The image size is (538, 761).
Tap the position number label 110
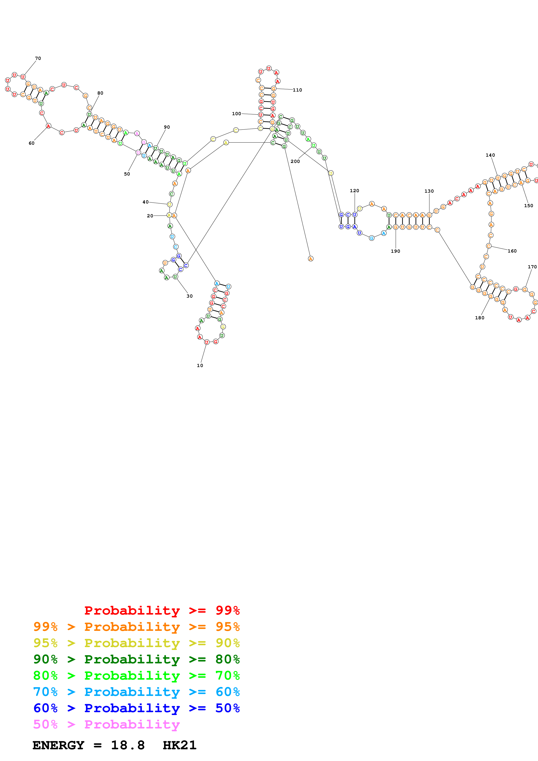pyautogui.click(x=297, y=90)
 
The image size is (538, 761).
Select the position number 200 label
pyautogui.click(x=295, y=161)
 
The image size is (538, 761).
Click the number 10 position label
pyautogui.click(x=200, y=365)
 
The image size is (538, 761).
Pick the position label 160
pyautogui.click(x=512, y=251)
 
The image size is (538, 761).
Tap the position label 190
pyautogui.click(x=395, y=251)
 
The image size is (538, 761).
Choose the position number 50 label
pyautogui.click(x=127, y=174)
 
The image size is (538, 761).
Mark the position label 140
pyautogui.click(x=490, y=155)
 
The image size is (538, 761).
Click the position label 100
pyautogui.click(x=236, y=114)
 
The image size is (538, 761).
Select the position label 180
pyautogui.click(x=480, y=318)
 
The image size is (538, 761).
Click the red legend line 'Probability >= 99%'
pyautogui.click(x=162, y=610)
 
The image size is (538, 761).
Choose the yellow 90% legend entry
pyautogui.click(x=136, y=643)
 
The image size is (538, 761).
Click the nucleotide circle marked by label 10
pyautogui.click(x=207, y=342)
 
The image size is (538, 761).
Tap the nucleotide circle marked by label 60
pyautogui.click(x=48, y=126)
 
